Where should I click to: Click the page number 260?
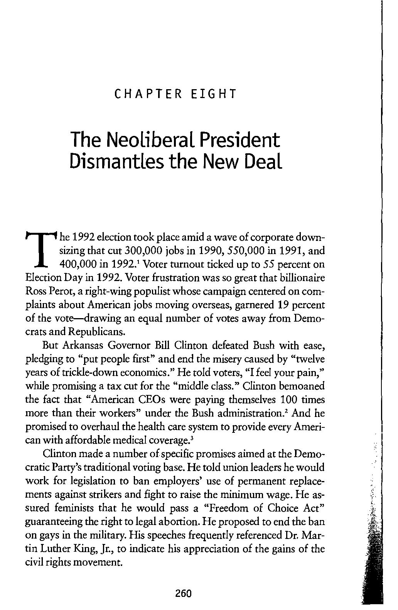click(183, 593)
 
